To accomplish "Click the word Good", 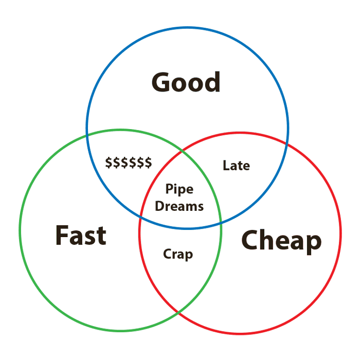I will (186, 82).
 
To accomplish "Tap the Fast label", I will (81, 236).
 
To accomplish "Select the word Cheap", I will (281, 240).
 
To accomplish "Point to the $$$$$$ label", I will (129, 163).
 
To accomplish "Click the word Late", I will (236, 166).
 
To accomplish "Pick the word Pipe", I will (179, 190).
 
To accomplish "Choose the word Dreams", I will (179, 206).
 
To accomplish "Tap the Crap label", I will (178, 254).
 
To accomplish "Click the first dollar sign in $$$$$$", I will (109, 163).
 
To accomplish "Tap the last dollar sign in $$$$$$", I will (148, 163).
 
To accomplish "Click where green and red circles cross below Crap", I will (178, 312).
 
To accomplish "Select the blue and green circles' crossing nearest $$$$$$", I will (87, 135).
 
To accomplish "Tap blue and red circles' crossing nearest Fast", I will (139, 218).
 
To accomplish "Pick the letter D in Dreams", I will (159, 206).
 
